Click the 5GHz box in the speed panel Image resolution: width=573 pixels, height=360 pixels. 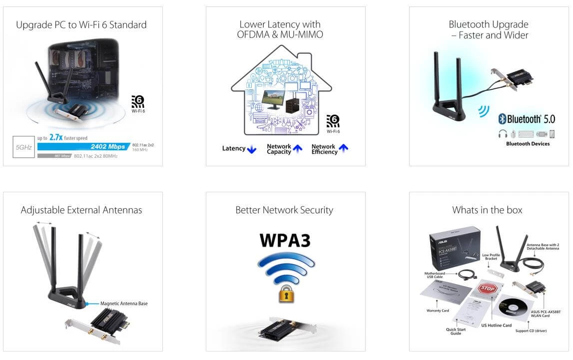tap(23, 147)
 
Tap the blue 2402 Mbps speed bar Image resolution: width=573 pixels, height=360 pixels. tap(83, 147)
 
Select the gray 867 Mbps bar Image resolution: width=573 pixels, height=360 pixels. tap(54, 156)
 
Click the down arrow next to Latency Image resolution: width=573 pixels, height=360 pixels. tap(252, 149)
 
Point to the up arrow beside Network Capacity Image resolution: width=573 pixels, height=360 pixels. tap(298, 148)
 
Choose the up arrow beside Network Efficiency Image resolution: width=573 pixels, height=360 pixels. tap(343, 148)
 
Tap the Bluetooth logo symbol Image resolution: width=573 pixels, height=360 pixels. tap(502, 119)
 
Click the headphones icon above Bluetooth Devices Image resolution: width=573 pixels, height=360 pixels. tap(503, 134)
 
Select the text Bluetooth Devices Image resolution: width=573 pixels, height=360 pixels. tap(528, 144)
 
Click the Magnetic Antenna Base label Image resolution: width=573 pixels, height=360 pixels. tap(124, 303)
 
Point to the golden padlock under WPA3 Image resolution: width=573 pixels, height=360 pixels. tap(285, 294)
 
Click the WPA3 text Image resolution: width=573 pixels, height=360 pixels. tap(285, 240)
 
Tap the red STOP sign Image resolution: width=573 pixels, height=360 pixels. tap(487, 289)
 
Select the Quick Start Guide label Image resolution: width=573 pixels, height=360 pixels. tap(455, 332)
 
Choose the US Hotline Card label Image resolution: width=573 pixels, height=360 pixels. tap(497, 326)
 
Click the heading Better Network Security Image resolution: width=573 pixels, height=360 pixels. tap(284, 210)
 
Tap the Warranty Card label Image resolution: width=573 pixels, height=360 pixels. tap(438, 311)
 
